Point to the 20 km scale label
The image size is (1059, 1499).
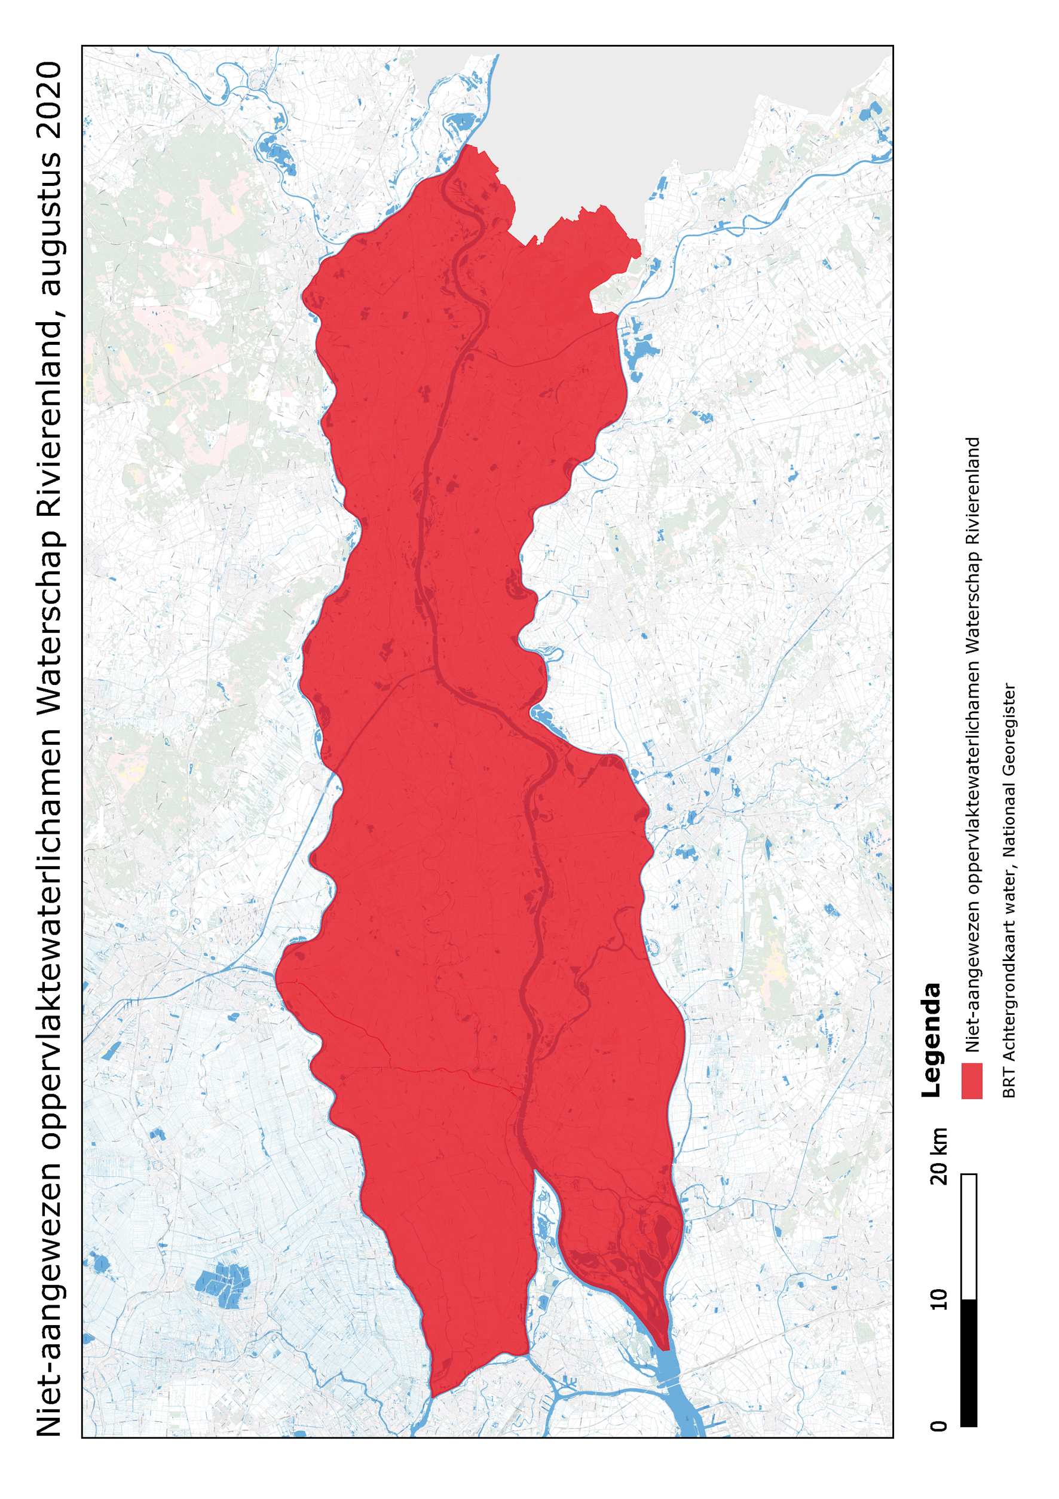tap(939, 1155)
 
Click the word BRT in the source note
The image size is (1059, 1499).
tap(1009, 1087)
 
